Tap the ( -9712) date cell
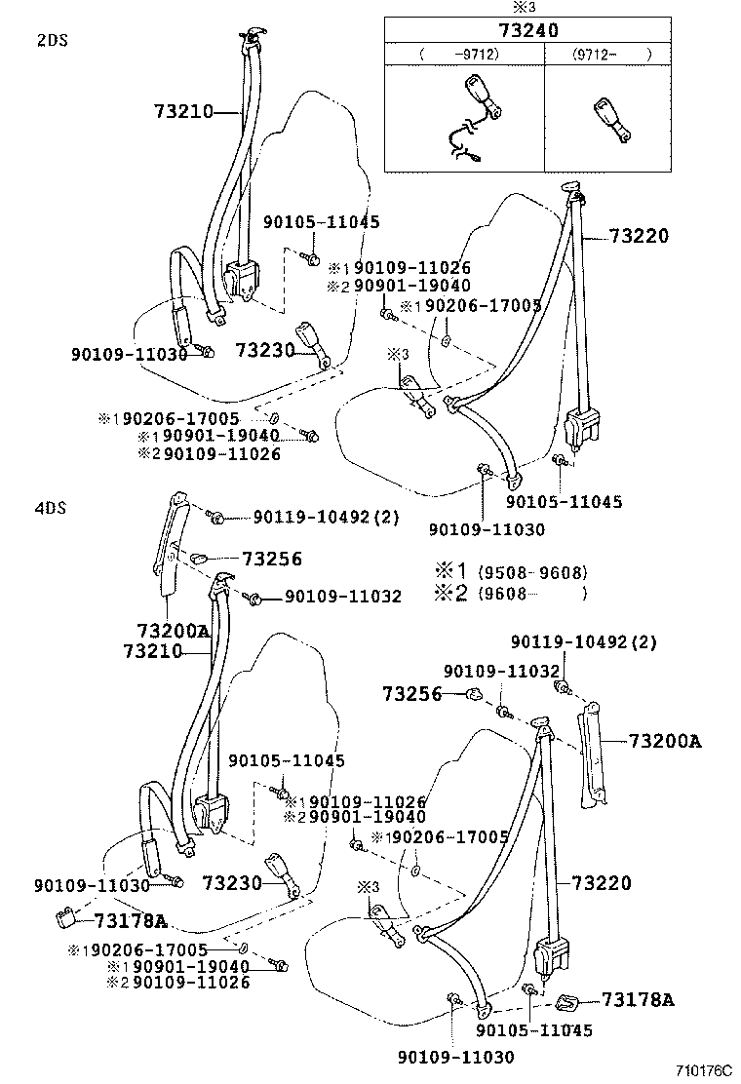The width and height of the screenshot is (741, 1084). tap(464, 54)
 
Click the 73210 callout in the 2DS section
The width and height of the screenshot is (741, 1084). tap(182, 112)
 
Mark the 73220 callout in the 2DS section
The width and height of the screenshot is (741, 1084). tap(639, 235)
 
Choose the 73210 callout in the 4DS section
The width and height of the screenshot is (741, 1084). tap(153, 650)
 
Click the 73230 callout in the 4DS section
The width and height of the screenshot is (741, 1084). tap(232, 883)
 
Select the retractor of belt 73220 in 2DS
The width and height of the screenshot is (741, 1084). tap(581, 427)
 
